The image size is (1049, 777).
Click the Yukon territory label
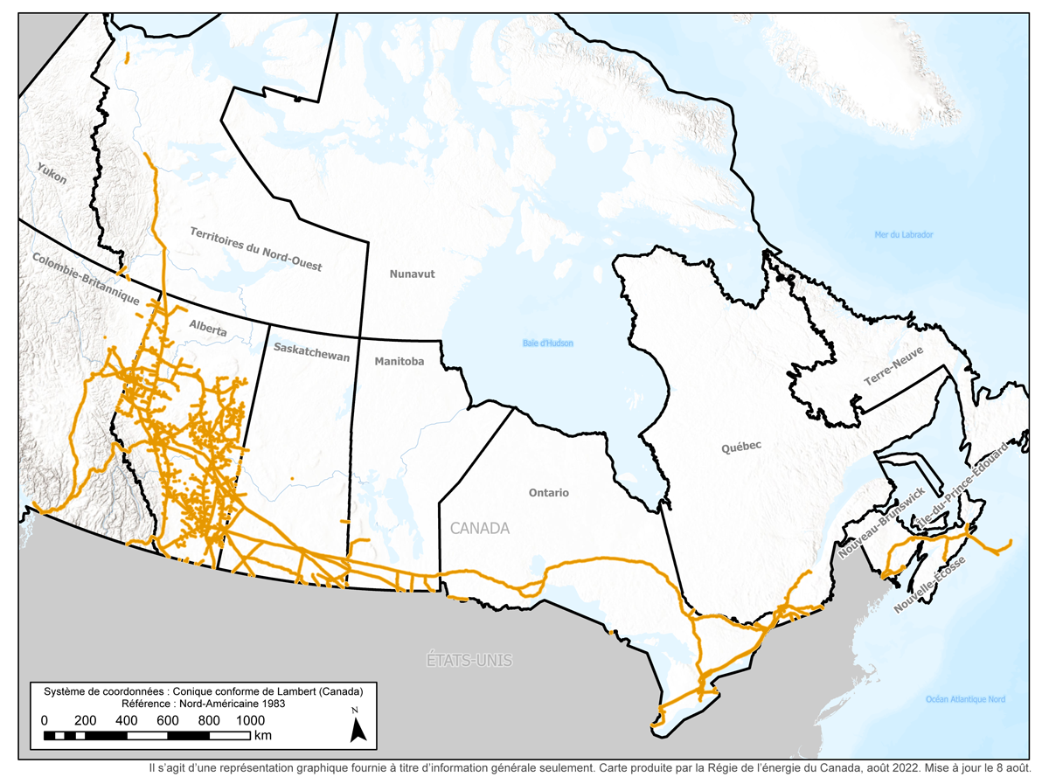coord(52,173)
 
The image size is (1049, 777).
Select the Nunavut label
coord(412,274)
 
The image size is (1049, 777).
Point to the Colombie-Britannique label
coord(87,279)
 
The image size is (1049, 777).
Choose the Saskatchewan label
coord(311,352)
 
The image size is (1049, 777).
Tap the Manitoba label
coord(399,361)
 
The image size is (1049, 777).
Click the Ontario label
coord(548,493)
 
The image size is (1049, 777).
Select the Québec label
coord(741,446)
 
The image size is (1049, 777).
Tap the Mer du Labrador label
coord(904,234)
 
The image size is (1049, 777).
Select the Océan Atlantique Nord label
coord(965,699)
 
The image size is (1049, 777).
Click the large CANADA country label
coord(479,529)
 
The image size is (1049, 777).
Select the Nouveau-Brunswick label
coord(879,523)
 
